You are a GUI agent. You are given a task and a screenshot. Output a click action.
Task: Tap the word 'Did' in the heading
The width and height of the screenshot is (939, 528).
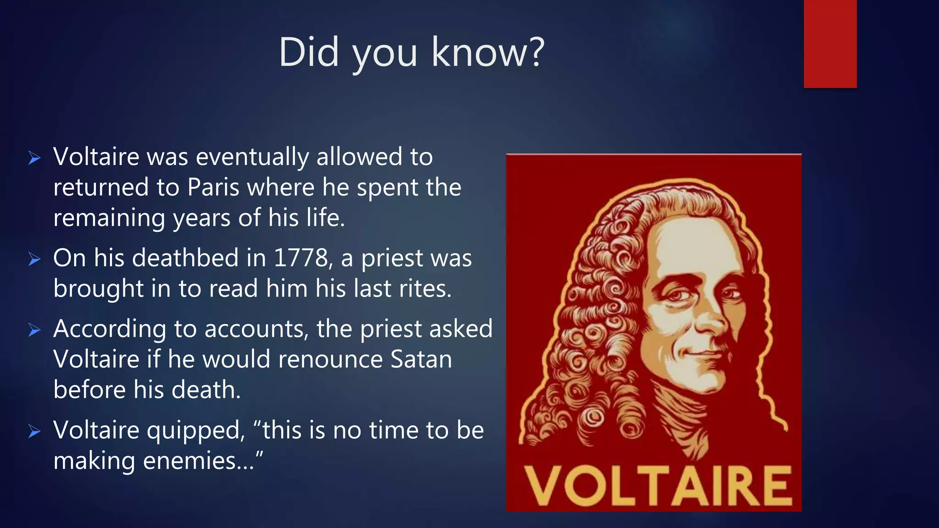[308, 52]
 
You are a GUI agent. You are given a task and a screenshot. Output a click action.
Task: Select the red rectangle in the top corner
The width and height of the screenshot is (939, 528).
[830, 44]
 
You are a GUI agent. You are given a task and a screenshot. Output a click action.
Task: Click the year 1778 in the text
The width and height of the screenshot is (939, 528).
[300, 258]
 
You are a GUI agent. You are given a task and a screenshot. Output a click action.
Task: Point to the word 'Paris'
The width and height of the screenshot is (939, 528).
[213, 187]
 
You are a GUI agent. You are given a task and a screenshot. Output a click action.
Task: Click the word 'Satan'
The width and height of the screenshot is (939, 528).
[421, 359]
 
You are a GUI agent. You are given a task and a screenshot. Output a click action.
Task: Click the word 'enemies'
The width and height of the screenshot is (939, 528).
[198, 461]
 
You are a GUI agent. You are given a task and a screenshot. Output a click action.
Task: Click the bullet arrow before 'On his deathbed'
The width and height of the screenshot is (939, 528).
[34, 259]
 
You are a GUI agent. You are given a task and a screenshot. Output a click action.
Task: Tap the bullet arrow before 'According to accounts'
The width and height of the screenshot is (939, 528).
[34, 330]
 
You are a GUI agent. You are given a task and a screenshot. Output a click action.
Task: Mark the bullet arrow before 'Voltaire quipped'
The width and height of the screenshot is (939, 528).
[34, 431]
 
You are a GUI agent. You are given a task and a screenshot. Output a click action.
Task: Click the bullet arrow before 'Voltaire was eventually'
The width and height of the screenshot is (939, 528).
[34, 158]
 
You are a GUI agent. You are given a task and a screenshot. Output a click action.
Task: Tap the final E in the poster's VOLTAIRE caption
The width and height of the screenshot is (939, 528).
[775, 486]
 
